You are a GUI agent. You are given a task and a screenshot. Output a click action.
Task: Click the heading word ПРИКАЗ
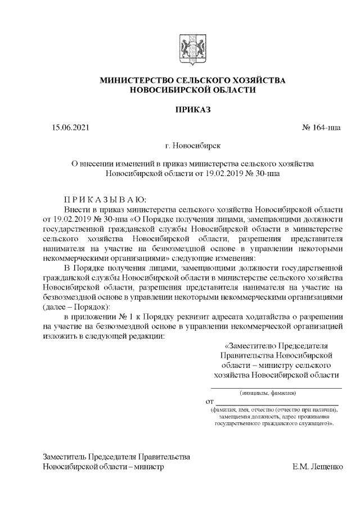192,109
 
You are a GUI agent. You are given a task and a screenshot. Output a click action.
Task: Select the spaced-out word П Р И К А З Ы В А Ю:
104,199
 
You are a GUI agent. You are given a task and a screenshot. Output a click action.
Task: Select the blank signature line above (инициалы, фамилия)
276,387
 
